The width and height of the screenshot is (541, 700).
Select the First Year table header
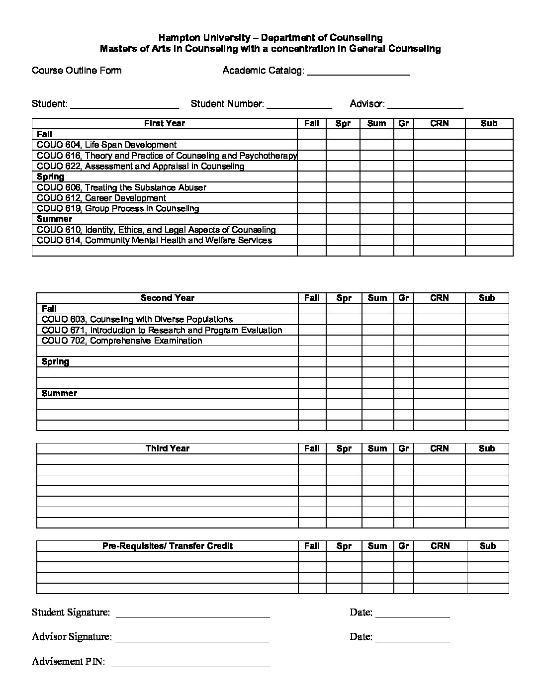coord(165,124)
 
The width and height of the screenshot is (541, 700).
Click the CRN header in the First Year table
coord(439,124)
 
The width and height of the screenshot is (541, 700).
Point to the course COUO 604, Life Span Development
coord(106,145)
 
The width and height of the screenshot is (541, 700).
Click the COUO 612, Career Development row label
coord(101,198)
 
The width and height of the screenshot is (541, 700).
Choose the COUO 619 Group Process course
coord(118,209)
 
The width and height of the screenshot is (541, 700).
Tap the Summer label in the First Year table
coord(54,219)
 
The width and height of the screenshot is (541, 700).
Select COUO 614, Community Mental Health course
coord(154,241)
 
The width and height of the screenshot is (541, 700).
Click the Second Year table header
coord(167,298)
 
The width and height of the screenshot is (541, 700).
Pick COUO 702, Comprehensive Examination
coord(122,341)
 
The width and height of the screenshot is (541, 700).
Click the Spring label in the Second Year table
coord(56,362)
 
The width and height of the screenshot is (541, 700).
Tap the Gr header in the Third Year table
coord(403,448)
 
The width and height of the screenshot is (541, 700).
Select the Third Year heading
coord(167,448)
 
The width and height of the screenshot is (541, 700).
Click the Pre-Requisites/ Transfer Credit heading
coord(167,546)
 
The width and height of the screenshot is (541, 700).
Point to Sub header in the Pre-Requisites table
coord(487,546)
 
